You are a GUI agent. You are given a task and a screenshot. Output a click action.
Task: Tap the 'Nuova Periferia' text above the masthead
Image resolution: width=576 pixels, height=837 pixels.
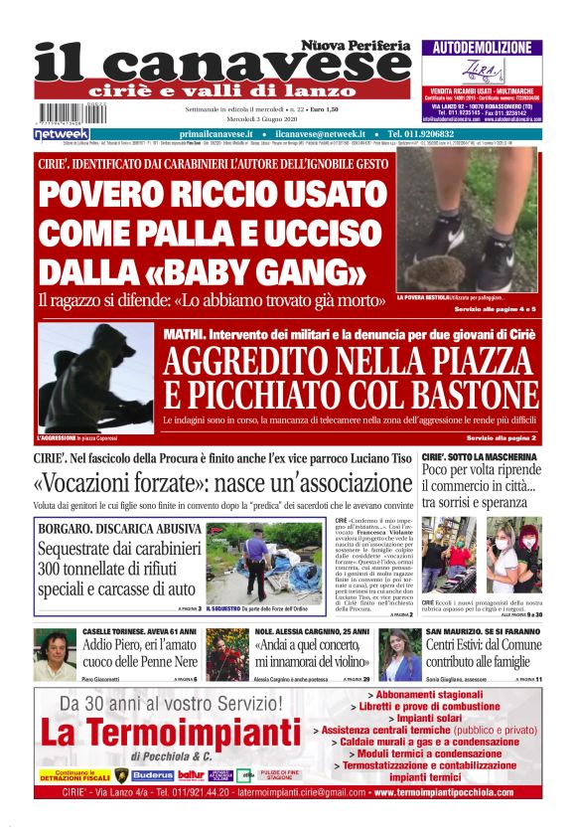[357, 46]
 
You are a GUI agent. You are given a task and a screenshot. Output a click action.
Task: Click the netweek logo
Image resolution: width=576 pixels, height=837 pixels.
[62, 133]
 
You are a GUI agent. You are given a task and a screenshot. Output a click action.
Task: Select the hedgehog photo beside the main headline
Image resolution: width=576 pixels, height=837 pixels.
[468, 221]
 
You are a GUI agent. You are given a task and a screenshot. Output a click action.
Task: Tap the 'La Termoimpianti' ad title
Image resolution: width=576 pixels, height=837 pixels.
[171, 734]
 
